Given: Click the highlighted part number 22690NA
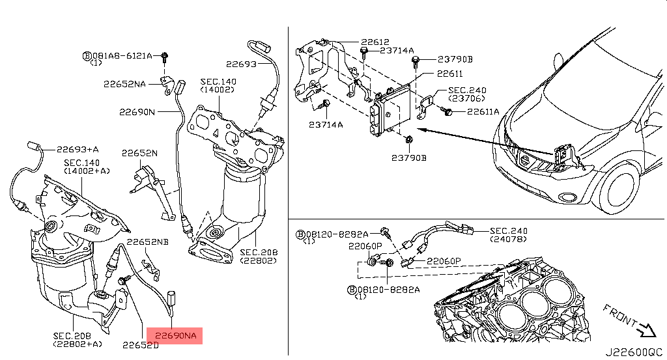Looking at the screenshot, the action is (175, 336).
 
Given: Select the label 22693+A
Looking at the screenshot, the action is (78, 149).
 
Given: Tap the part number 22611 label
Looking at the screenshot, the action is (449, 74).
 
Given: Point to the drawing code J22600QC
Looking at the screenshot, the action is (634, 352).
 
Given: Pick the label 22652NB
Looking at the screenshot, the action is (148, 242).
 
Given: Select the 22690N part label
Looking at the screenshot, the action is (137, 112).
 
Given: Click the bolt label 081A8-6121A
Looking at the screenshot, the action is (122, 56).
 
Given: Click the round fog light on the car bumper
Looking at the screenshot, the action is (567, 197).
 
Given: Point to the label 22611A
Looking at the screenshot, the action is (483, 111).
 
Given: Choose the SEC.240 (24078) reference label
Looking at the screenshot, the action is (508, 234).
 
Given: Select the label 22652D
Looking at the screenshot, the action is (141, 345).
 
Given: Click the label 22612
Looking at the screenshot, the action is (375, 42).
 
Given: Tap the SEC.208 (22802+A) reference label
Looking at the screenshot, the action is (78, 340).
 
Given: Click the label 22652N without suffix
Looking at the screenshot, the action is (139, 153).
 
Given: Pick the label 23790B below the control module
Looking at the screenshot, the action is (409, 158).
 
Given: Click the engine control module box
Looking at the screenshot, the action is (390, 111).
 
